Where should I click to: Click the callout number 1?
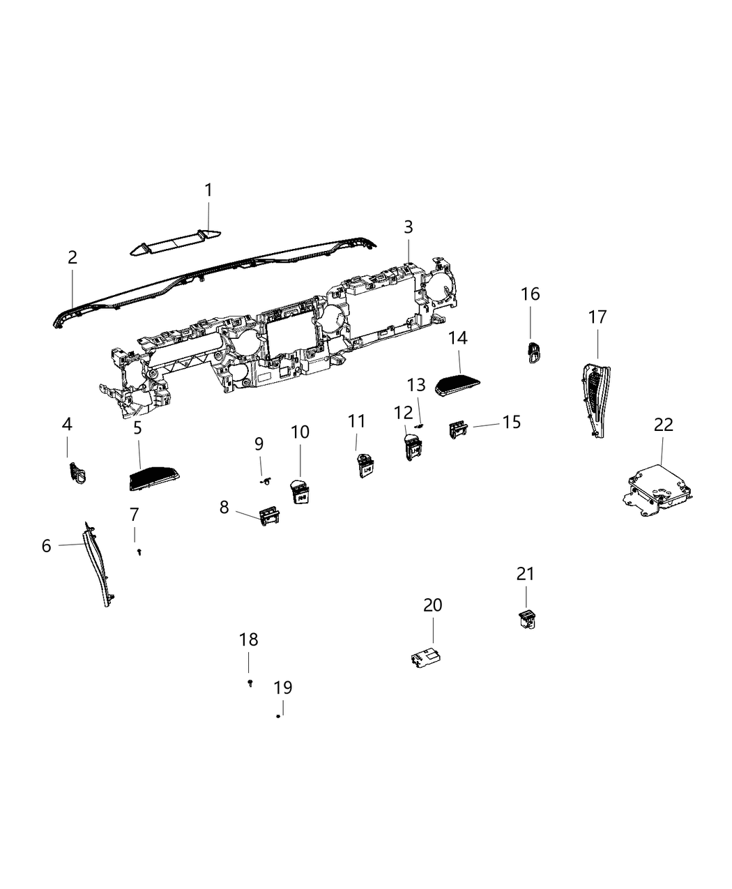click(208, 190)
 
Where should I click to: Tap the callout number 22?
click(664, 424)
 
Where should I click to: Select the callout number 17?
click(597, 317)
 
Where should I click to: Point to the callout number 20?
click(433, 605)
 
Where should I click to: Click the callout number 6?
click(47, 546)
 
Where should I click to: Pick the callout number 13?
click(416, 385)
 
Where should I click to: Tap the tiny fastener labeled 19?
click(278, 716)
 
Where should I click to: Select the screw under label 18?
click(250, 683)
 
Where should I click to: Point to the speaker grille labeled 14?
click(458, 384)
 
